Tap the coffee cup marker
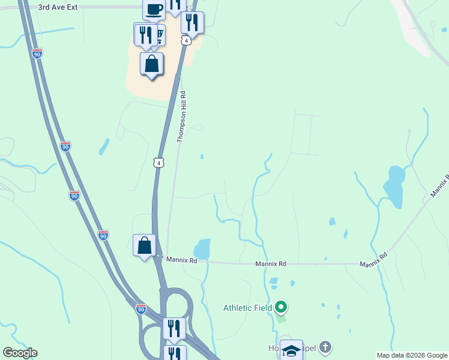click(154, 8)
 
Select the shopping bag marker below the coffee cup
click(152, 64)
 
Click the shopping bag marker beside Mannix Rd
click(144, 245)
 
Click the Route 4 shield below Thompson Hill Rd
click(158, 163)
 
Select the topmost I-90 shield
click(37, 53)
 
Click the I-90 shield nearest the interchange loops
click(140, 309)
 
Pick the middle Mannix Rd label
click(271, 263)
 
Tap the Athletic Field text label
click(248, 308)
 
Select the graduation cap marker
click(291, 350)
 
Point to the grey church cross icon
click(325, 347)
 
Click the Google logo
click(20, 353)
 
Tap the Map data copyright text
click(412, 355)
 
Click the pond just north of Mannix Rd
click(202, 248)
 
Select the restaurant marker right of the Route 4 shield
click(192, 23)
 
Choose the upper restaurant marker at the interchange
click(174, 328)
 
